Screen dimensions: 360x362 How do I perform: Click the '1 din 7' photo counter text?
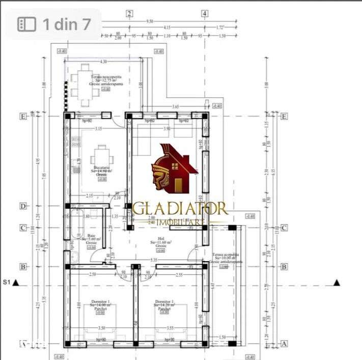[x=67, y=24]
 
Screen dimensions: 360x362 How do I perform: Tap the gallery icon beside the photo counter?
[x=26, y=24]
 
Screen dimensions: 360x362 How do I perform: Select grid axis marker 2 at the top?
[x=130, y=14]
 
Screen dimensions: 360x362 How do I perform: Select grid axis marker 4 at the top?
[x=205, y=14]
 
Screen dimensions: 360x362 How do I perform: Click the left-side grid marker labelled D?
[x=22, y=206]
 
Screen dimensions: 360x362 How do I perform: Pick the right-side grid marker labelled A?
[x=284, y=344]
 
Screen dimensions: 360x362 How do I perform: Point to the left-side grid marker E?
[x=22, y=116]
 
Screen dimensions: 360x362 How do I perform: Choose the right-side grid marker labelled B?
[x=284, y=266]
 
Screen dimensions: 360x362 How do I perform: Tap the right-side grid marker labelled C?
[x=284, y=228]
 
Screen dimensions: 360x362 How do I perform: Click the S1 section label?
[x=7, y=282]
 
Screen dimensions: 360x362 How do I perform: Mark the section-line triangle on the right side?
[x=337, y=282]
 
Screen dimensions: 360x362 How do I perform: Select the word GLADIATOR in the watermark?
[x=181, y=208]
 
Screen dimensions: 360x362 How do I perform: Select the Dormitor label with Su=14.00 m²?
[x=100, y=305]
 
